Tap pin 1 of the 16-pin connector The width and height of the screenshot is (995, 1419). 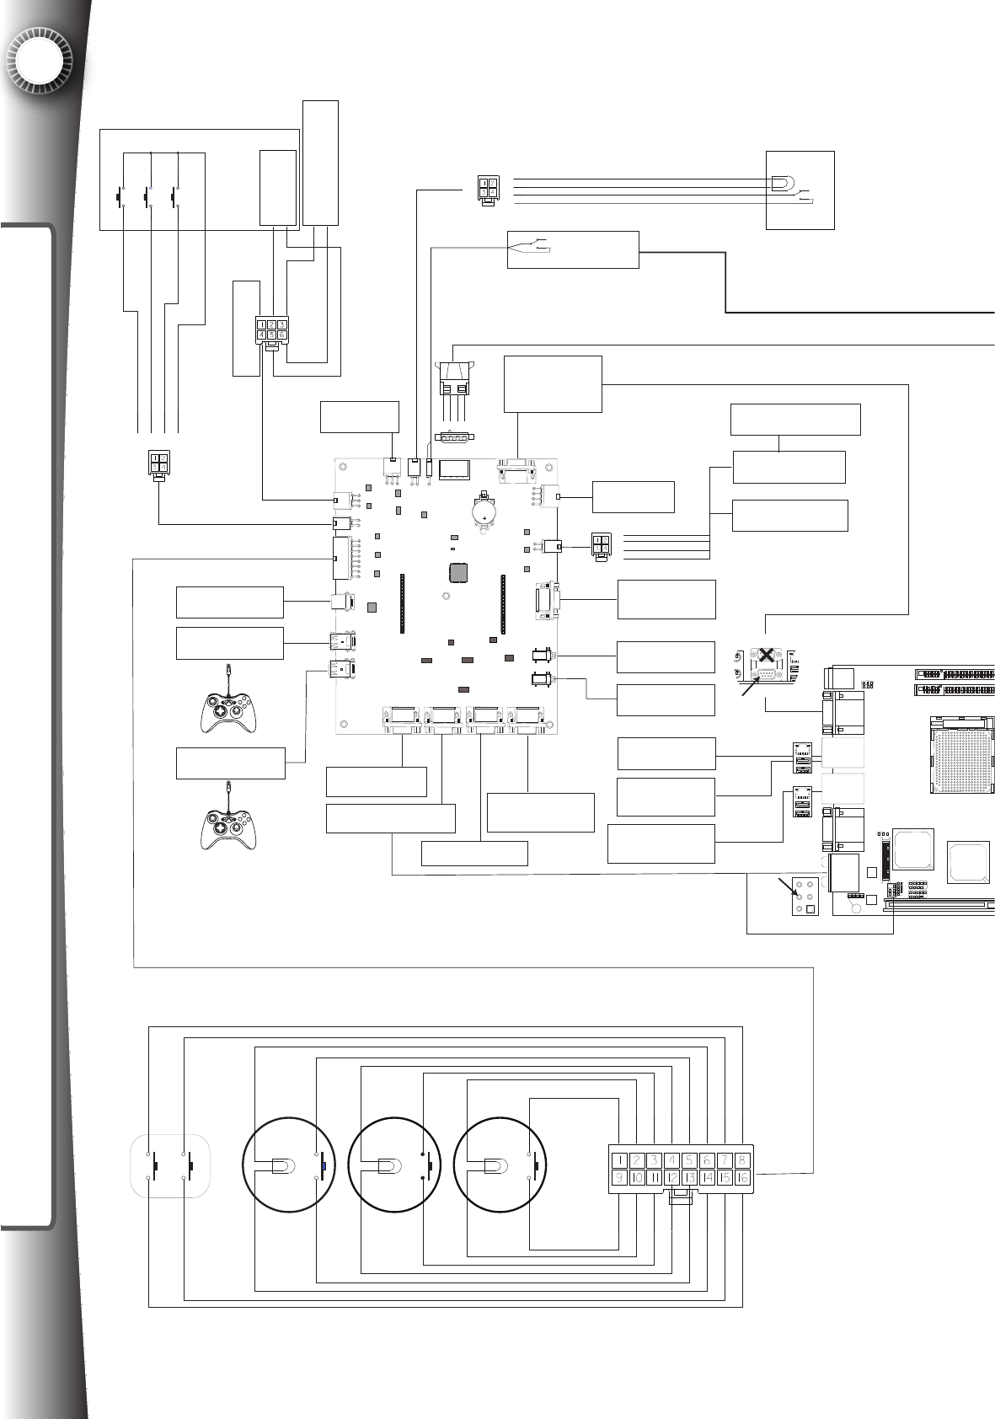coord(619,1159)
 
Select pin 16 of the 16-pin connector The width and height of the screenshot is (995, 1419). coord(742,1178)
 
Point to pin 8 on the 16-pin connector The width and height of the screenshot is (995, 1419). coord(742,1159)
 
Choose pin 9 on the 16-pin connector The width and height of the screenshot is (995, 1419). coord(619,1178)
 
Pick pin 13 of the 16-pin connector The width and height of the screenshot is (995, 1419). coord(689,1178)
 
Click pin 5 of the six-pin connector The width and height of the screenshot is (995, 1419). coord(271,335)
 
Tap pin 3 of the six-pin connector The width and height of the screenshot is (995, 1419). coord(282,324)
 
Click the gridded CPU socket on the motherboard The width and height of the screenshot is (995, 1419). coord(960,754)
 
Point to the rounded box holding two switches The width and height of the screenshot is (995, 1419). coord(170,1165)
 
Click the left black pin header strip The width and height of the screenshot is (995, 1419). coord(403,603)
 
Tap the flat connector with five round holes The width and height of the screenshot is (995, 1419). coord(455,436)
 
